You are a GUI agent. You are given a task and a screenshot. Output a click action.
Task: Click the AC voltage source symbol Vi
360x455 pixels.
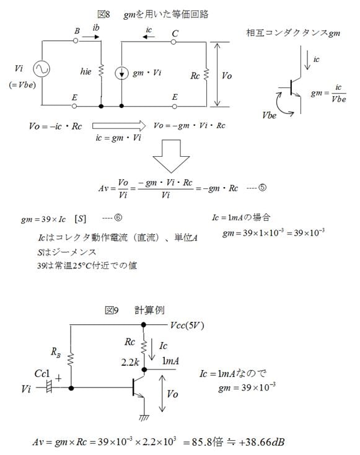click(41, 69)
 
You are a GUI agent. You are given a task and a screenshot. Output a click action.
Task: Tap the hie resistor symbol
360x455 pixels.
click(101, 71)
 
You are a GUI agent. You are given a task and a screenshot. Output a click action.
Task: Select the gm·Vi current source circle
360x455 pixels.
click(121, 73)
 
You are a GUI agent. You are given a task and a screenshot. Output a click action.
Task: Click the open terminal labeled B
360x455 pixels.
click(76, 41)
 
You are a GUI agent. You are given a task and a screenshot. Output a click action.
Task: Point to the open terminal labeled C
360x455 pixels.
click(173, 42)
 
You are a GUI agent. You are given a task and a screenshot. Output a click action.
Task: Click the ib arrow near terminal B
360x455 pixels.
click(90, 37)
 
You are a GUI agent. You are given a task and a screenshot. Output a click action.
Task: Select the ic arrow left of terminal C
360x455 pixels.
click(149, 37)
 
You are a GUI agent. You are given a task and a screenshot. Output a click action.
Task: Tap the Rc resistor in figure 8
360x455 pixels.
click(206, 74)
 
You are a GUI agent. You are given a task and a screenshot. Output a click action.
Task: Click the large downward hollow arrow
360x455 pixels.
click(171, 156)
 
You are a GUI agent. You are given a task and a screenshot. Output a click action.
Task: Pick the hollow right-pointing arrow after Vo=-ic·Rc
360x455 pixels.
click(119, 126)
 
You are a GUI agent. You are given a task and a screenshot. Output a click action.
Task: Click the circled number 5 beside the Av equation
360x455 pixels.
click(262, 187)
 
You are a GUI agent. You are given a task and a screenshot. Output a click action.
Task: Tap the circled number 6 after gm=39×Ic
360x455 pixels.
click(118, 218)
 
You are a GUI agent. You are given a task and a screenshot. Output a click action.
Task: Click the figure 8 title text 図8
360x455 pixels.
click(103, 14)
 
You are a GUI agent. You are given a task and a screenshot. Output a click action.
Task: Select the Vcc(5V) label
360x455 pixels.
click(187, 325)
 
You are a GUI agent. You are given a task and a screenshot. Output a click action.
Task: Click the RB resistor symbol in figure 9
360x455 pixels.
click(71, 360)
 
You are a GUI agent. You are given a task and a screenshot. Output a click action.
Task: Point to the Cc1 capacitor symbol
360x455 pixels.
click(49, 387)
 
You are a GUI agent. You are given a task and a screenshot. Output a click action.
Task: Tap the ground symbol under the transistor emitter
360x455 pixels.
click(144, 418)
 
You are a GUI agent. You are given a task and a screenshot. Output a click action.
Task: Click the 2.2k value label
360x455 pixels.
click(130, 362)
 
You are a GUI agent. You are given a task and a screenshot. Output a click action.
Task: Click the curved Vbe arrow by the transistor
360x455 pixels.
click(281, 105)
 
